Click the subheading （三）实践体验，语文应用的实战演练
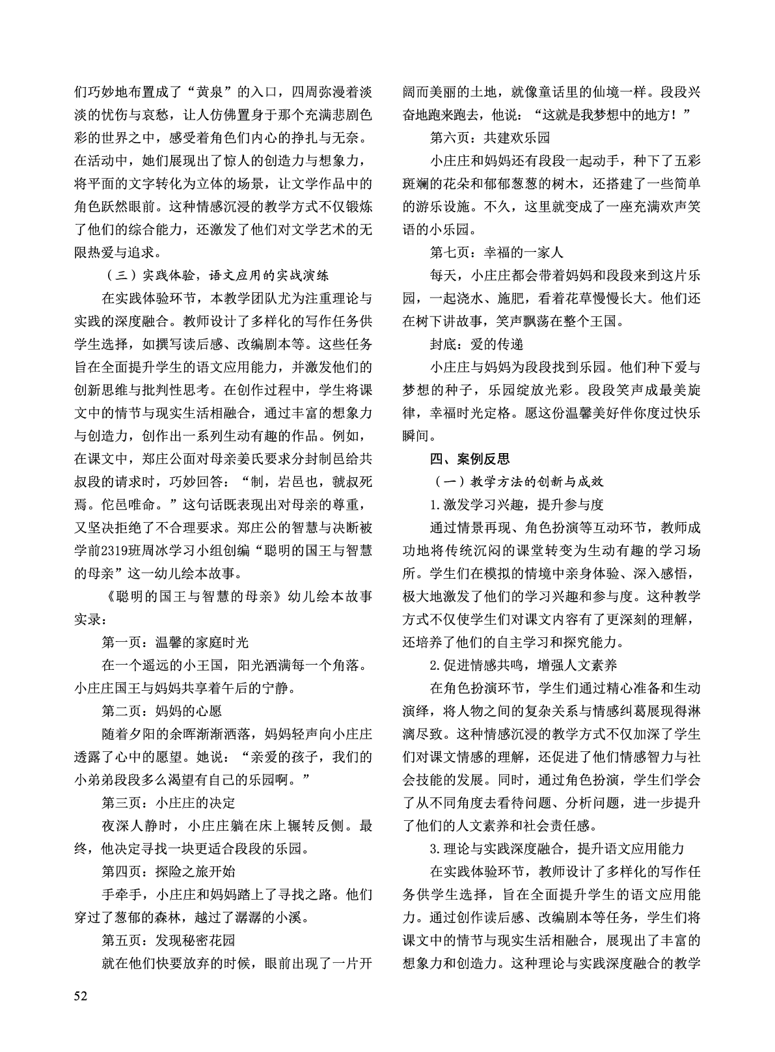(x=221, y=275)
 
